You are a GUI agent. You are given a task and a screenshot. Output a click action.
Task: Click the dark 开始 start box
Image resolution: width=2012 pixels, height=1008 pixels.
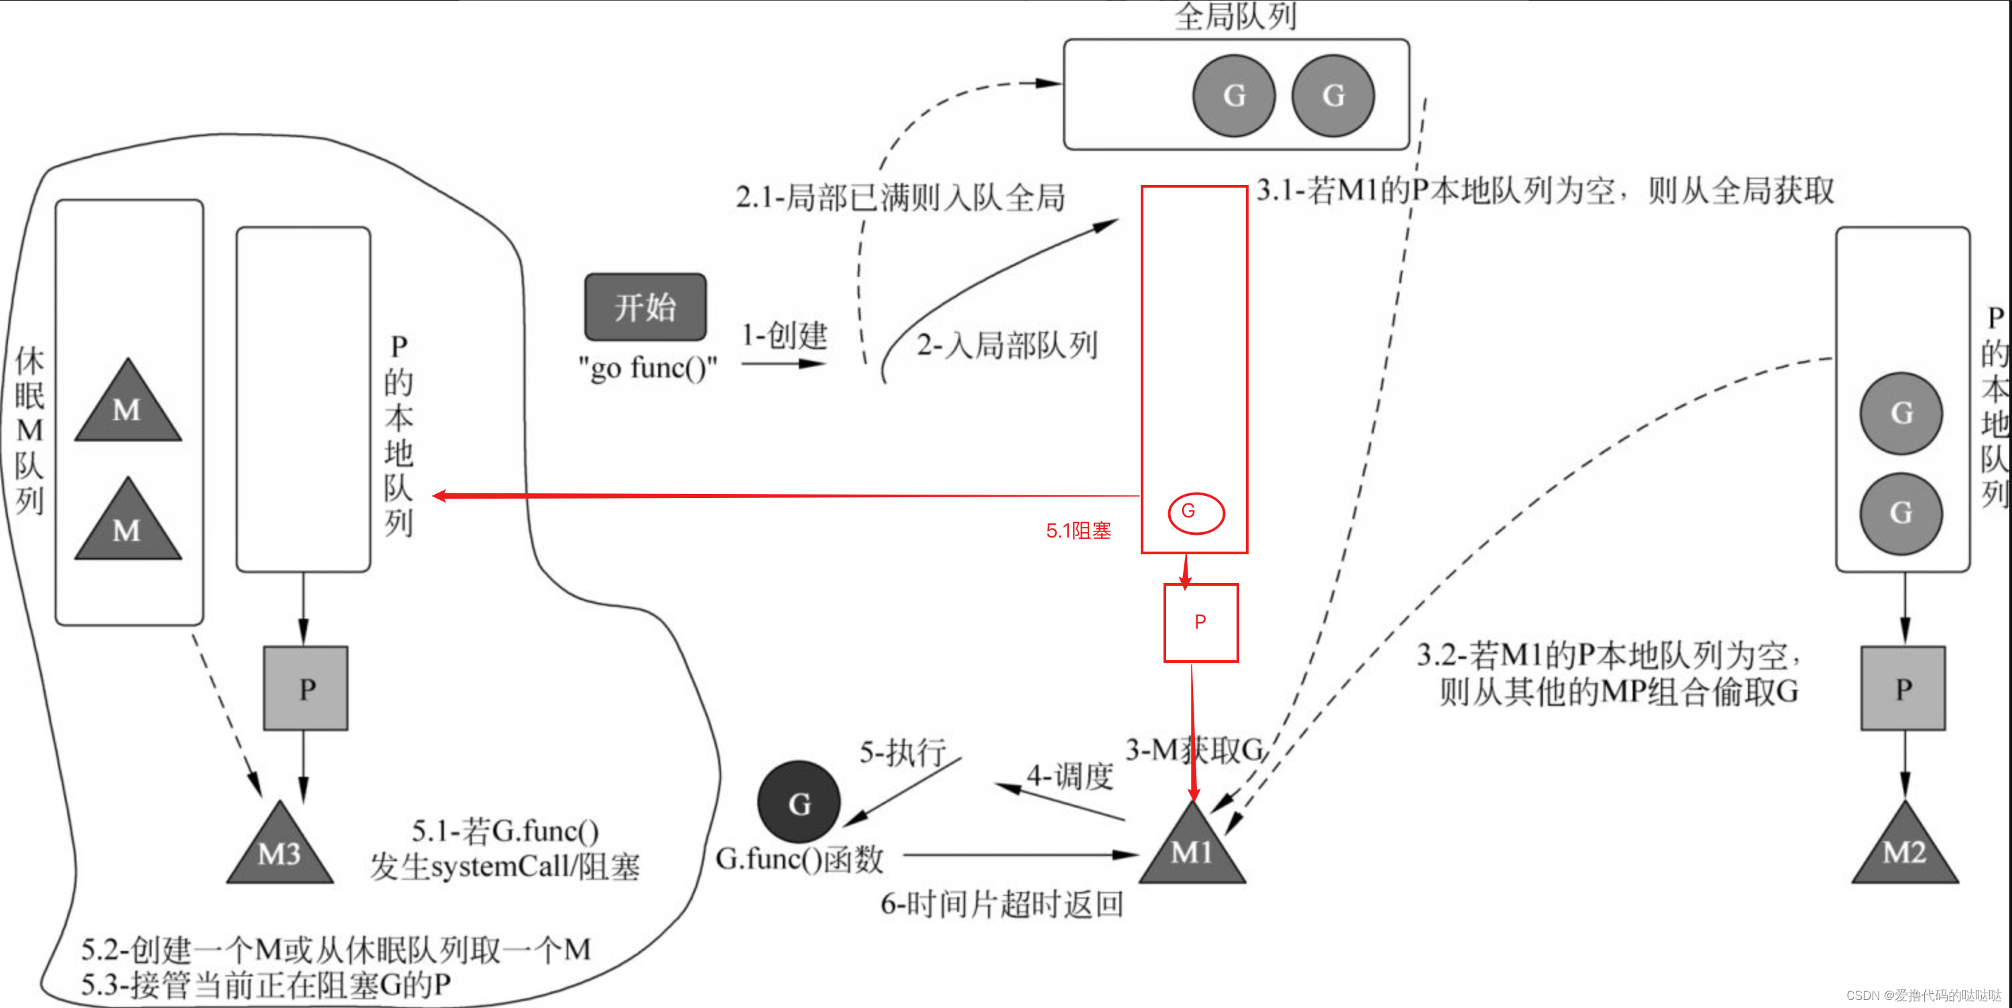[645, 307]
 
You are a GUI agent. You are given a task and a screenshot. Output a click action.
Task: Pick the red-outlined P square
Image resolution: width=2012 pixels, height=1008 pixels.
[1200, 622]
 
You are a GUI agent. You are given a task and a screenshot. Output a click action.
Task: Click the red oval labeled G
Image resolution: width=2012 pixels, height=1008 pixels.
[1195, 513]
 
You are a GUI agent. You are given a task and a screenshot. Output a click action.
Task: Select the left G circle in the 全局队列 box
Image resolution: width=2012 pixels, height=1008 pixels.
[1233, 95]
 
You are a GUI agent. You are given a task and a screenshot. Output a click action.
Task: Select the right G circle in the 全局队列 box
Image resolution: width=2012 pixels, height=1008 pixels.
[1332, 95]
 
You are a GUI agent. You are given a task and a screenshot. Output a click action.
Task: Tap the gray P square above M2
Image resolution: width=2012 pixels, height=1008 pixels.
[1903, 688]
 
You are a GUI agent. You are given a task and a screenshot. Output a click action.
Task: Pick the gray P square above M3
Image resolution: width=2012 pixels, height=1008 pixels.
[306, 688]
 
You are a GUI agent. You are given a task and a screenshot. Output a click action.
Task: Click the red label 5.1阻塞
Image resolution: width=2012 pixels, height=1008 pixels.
[1078, 531]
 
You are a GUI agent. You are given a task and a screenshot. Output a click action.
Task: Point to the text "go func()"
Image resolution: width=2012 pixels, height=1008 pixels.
[647, 367]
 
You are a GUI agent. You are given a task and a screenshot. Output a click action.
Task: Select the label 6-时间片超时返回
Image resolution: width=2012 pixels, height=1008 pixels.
[1001, 904]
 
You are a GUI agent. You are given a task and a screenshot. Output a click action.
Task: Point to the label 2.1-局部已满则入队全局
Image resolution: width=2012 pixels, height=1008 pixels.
[900, 197]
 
